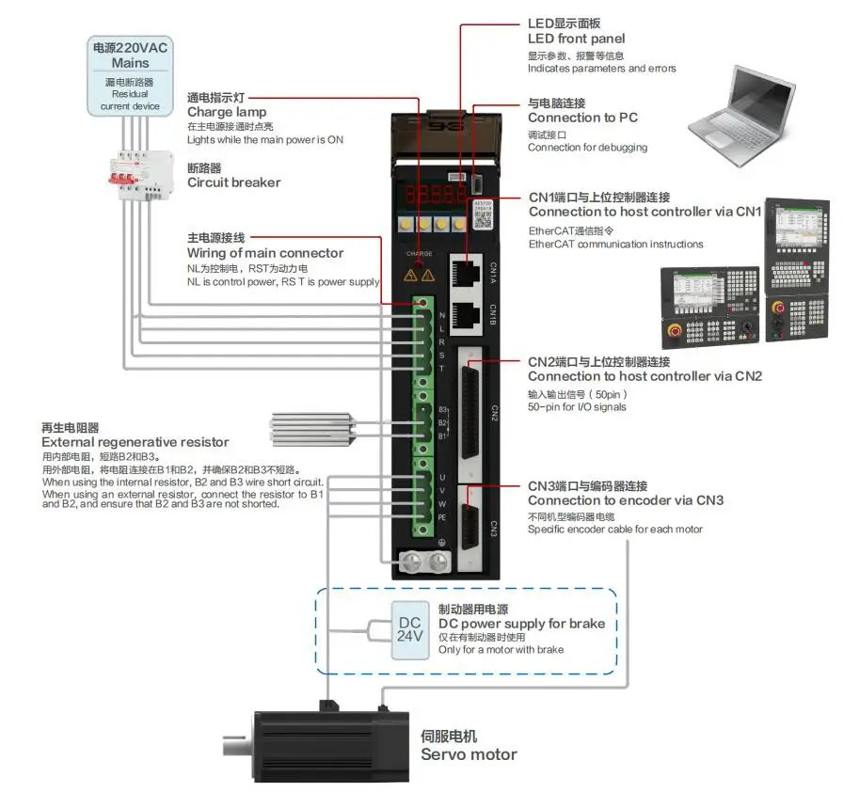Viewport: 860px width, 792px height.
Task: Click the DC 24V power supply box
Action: (410, 629)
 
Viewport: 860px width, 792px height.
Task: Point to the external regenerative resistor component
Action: (312, 427)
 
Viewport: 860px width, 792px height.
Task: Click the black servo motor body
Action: (329, 746)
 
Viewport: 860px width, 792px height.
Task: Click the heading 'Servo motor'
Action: (469, 754)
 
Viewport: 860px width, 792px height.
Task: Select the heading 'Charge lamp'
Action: (227, 112)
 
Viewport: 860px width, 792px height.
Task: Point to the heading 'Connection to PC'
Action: (582, 118)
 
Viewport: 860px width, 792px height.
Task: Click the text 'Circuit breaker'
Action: (233, 182)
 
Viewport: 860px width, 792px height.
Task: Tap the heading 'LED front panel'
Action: (576, 39)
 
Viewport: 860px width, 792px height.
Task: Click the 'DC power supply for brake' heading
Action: (521, 624)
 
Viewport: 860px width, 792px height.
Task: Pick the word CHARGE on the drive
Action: (420, 254)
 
